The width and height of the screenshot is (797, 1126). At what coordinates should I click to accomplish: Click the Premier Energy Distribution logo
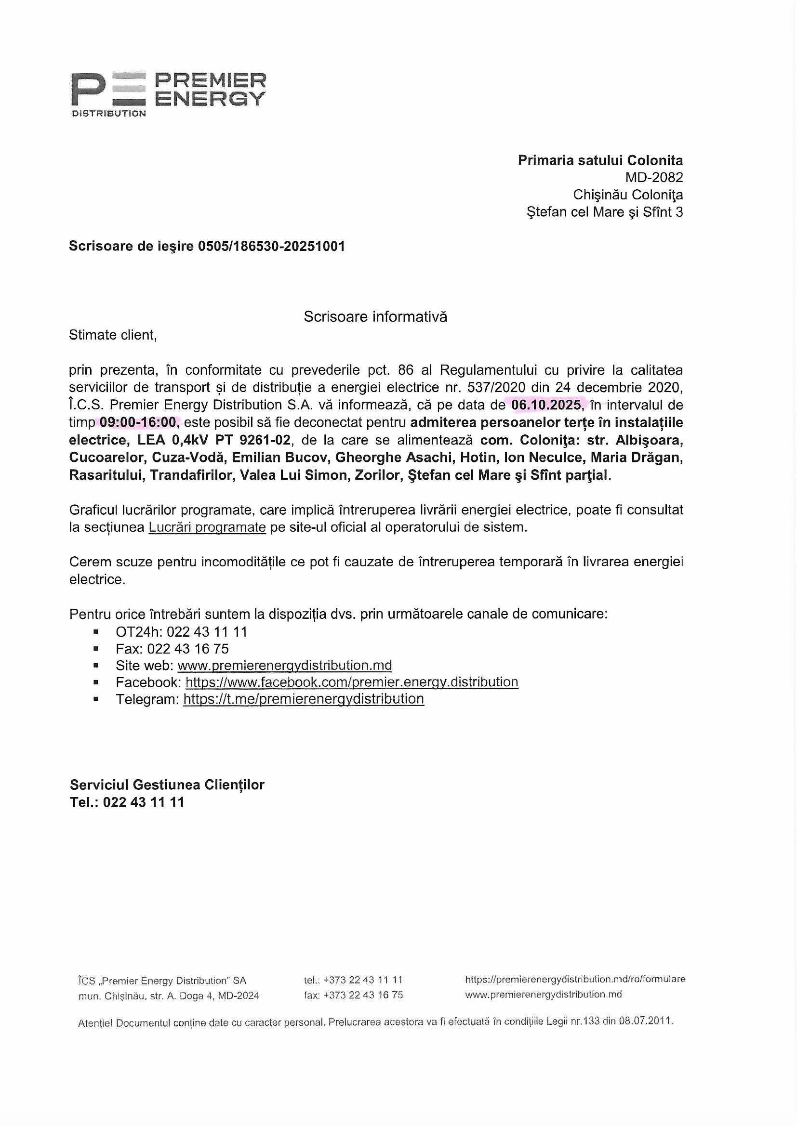[168, 94]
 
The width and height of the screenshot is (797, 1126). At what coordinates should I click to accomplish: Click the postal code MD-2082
[654, 177]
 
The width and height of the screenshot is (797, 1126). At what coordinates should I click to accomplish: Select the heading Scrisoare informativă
[375, 317]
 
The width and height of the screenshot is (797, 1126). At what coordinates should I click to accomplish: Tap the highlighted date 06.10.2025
[546, 405]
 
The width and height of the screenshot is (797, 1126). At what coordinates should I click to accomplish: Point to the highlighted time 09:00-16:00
[138, 422]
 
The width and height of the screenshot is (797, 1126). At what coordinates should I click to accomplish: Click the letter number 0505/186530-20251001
[271, 246]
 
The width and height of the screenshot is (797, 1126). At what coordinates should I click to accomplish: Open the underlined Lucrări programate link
[207, 527]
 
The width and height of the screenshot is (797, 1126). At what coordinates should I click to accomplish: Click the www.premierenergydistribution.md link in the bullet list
[285, 666]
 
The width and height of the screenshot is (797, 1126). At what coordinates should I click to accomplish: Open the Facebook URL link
[351, 682]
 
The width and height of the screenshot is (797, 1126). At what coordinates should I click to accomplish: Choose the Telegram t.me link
[303, 699]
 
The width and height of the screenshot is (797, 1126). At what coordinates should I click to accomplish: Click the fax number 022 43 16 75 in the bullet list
[188, 649]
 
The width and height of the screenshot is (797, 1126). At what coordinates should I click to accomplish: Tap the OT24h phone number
[207, 632]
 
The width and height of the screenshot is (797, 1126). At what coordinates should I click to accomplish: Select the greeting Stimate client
[113, 335]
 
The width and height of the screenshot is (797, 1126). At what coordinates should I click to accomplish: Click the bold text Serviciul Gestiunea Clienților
[167, 785]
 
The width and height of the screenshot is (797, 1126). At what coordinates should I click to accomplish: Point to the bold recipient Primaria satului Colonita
[600, 160]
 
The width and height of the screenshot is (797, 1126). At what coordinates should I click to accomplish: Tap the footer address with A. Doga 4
[168, 996]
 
